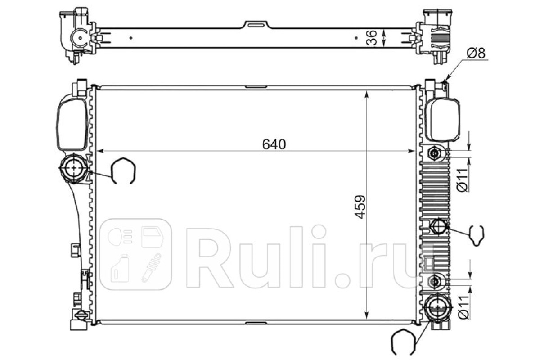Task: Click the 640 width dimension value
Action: [274, 144]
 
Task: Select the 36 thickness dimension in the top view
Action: [372, 38]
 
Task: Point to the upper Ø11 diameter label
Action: [463, 180]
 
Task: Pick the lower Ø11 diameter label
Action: [463, 307]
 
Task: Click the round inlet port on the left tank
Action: [73, 167]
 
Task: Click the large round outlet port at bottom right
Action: [437, 308]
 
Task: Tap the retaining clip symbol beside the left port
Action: [123, 171]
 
